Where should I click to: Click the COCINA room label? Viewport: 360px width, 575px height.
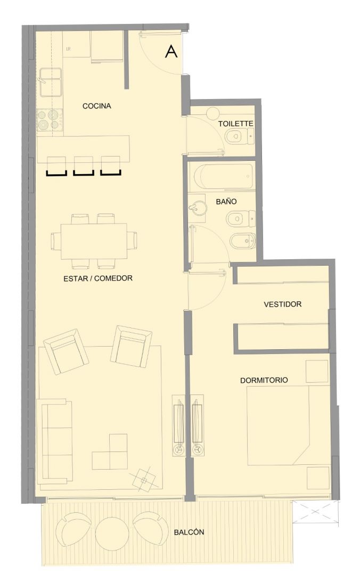[x=96, y=106]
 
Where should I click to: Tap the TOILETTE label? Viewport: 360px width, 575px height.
[x=235, y=124]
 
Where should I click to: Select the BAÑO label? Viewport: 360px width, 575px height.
[x=226, y=201]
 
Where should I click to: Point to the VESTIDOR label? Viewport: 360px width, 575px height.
[x=283, y=304]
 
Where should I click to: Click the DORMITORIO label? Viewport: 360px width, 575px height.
[x=264, y=380]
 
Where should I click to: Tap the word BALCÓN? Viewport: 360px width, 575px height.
[x=189, y=532]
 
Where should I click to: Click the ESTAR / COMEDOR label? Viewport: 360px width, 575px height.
[x=98, y=278]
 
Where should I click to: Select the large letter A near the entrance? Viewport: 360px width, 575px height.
[x=171, y=51]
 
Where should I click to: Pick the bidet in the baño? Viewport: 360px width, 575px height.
[x=242, y=241]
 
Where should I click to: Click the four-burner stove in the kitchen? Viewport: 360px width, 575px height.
[x=50, y=120]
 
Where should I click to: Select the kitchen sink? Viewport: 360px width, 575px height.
[x=50, y=83]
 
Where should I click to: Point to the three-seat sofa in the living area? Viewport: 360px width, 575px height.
[x=57, y=441]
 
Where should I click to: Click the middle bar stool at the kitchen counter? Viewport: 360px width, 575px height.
[x=84, y=166]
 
